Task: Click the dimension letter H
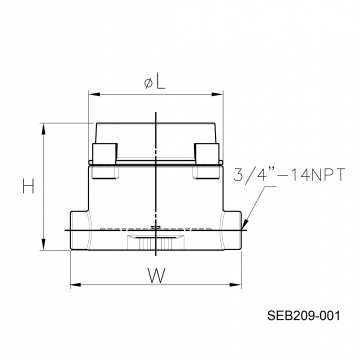pos(28,186)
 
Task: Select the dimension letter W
pos(156,276)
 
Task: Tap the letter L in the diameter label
pos(160,82)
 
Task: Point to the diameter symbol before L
pos(149,83)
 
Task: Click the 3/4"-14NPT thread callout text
pos(289,175)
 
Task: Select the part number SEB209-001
pos(304,315)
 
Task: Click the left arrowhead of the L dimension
pos(94,95)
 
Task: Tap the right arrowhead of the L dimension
pos(217,95)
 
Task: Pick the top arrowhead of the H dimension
pos(43,129)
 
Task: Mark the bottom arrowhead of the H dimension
pos(43,244)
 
